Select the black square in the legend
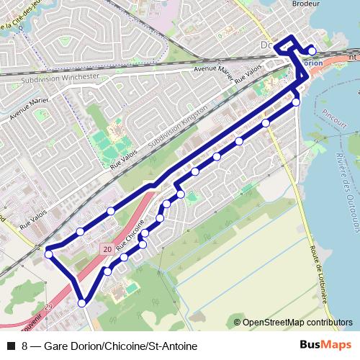(11, 346)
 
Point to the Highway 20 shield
(107, 248)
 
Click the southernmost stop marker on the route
(82, 303)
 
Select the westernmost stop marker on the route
(49, 253)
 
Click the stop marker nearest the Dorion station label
(312, 50)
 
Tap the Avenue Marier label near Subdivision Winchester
(215, 71)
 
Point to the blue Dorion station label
(310, 63)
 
